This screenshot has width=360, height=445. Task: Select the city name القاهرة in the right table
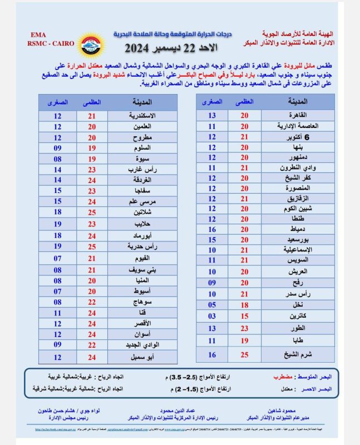(308, 116)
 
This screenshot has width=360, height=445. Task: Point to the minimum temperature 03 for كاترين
(212, 316)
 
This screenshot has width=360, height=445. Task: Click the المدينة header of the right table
(308, 102)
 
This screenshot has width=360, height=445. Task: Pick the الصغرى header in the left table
(58, 102)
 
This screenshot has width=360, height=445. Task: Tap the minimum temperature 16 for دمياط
(212, 229)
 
